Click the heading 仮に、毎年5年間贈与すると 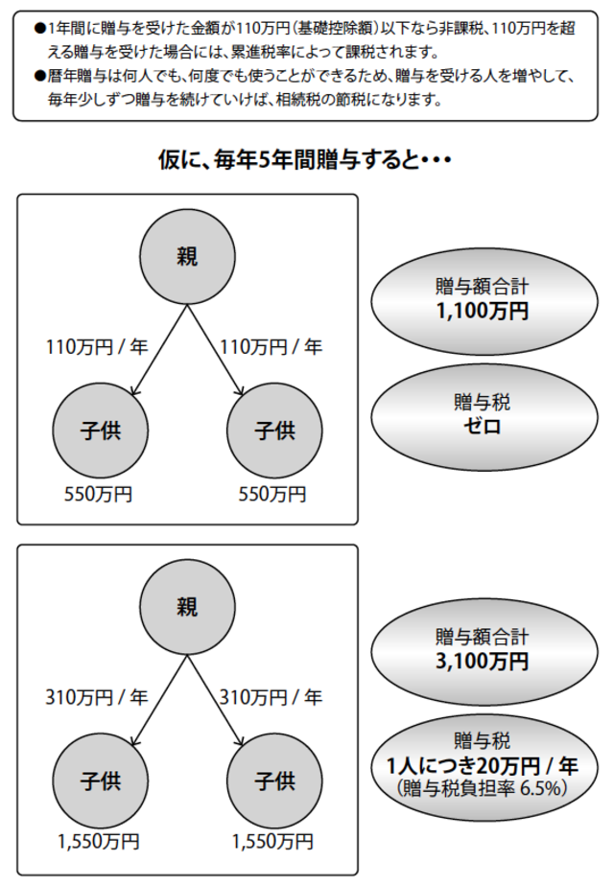pos(306,160)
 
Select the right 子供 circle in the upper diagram pos(272,431)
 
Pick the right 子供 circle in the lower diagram pos(272,781)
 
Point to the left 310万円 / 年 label pos(97,697)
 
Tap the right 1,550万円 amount pos(272,845)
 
